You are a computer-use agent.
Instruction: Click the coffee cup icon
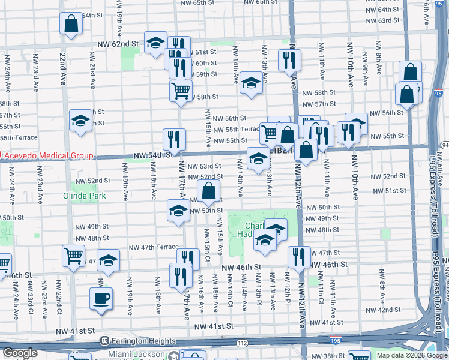pyautogui.click(x=101, y=298)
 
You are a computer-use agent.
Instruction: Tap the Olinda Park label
pyautogui.click(x=85, y=196)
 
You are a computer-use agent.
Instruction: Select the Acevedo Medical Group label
pyautogui.click(x=47, y=156)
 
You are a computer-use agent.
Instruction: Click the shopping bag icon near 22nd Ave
pyautogui.click(x=71, y=25)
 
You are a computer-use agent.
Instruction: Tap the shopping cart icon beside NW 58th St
pyautogui.click(x=180, y=91)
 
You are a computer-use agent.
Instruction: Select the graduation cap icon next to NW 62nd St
pyautogui.click(x=155, y=42)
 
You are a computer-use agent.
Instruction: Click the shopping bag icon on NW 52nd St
pyautogui.click(x=208, y=192)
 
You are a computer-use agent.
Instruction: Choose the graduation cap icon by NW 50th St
pyautogui.click(x=178, y=211)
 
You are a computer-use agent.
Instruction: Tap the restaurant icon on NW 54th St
pyautogui.click(x=174, y=139)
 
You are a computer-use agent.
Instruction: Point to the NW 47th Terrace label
pyautogui.click(x=154, y=247)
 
